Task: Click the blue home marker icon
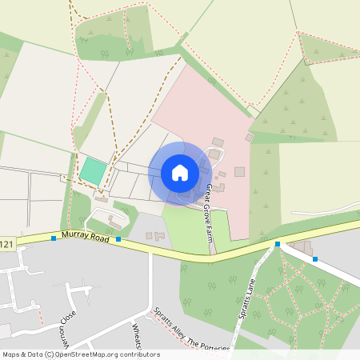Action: point(179,172)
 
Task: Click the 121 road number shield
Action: point(6,242)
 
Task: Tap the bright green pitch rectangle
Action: point(92,170)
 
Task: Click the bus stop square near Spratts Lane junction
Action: point(278,243)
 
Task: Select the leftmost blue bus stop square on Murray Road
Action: point(53,238)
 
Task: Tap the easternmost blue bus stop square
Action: point(315,258)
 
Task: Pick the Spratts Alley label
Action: point(169,329)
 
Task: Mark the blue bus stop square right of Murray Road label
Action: point(118,238)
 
